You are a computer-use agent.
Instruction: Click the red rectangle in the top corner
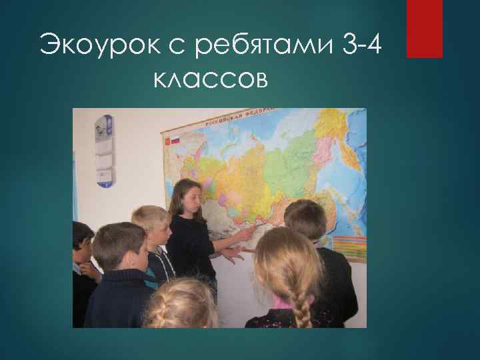pos(425,28)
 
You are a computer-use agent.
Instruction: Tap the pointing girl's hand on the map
pos(245,234)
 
